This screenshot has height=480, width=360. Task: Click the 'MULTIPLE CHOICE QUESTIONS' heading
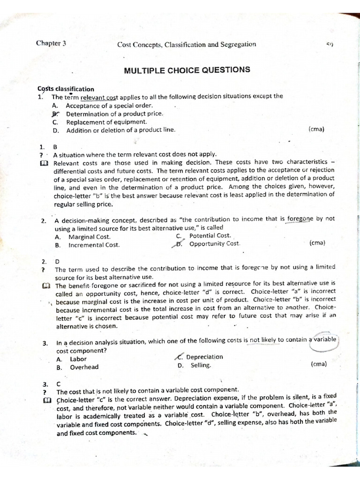coord(187,70)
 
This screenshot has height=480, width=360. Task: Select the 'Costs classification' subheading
coord(66,89)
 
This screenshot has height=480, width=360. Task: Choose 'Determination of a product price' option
coord(114,113)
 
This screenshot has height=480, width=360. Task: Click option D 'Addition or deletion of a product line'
coord(120,130)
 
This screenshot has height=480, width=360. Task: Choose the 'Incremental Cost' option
coord(94,245)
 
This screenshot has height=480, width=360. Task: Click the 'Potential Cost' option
coord(210,236)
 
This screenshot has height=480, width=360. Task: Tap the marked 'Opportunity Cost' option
coord(214,244)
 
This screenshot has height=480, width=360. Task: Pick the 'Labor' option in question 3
coord(78,359)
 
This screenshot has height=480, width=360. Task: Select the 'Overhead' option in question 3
coord(84,367)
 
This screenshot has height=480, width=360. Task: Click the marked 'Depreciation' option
coord(204,357)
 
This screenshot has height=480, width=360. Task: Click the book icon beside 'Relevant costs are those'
coord(44,163)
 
